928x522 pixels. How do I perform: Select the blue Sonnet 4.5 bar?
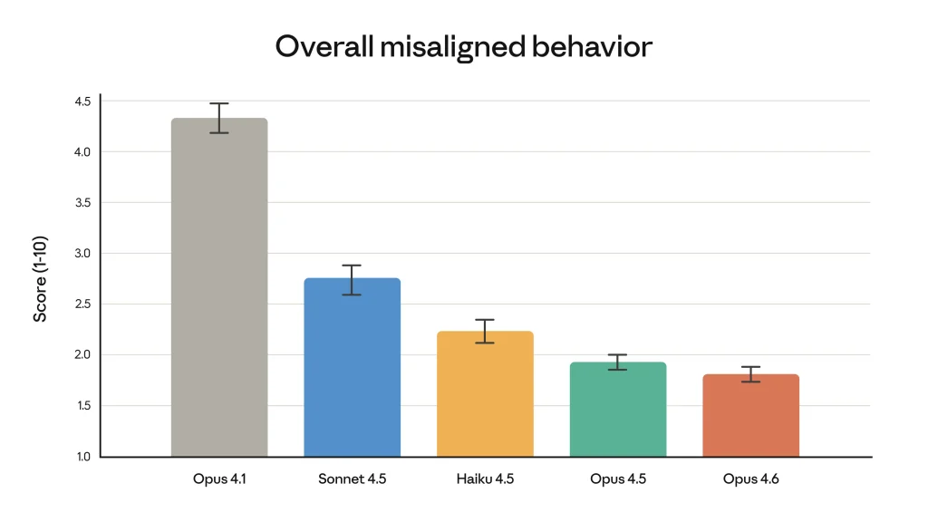(x=352, y=368)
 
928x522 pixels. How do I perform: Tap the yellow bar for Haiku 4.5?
(x=485, y=394)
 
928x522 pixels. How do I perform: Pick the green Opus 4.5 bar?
(x=617, y=410)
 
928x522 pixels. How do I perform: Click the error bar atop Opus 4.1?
(x=219, y=118)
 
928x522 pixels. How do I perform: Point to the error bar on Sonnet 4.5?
(x=352, y=279)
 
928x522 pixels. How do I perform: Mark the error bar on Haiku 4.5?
(x=485, y=331)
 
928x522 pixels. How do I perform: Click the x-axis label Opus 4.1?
(x=219, y=478)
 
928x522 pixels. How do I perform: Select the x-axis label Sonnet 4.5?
(x=352, y=478)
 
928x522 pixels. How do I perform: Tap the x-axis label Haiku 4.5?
(x=485, y=478)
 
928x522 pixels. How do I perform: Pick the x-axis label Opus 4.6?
(x=750, y=478)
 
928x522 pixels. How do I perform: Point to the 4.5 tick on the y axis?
(x=83, y=101)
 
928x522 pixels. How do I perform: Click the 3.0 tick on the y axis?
(x=83, y=254)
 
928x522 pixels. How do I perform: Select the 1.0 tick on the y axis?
(x=83, y=457)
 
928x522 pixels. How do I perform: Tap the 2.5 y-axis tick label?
(x=83, y=304)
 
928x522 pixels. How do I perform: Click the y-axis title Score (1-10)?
(x=41, y=279)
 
